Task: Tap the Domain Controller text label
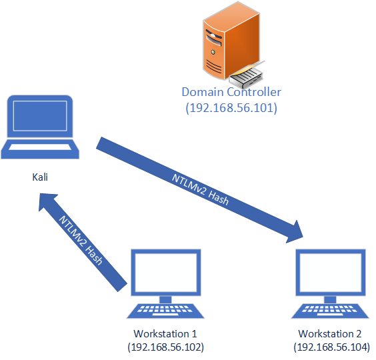click(231, 92)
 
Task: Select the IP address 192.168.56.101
click(231, 107)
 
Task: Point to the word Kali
click(41, 177)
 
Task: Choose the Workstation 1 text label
click(165, 333)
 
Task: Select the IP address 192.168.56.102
click(165, 347)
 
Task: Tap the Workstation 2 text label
click(331, 333)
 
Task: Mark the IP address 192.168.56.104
click(331, 347)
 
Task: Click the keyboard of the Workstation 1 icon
click(165, 311)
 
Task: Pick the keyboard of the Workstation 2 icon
click(331, 311)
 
